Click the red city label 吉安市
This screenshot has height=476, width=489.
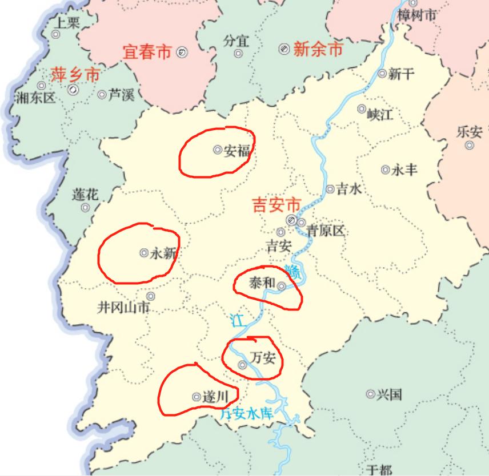click(276, 205)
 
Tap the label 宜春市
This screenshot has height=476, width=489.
click(147, 53)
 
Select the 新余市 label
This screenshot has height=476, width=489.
click(318, 50)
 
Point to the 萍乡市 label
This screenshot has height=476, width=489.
click(75, 74)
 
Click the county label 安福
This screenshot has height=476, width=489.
click(237, 151)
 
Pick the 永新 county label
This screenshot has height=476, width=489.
click(163, 254)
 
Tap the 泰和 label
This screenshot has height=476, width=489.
click(263, 283)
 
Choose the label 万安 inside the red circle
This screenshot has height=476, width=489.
click(263, 358)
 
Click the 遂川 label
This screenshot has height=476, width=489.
click(215, 397)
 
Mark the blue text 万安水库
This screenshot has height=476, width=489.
click(247, 414)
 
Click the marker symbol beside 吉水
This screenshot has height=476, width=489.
click(330, 189)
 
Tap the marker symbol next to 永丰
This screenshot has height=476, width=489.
click(385, 170)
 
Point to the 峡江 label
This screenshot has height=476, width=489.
click(380, 115)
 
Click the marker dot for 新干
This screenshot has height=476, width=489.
click(382, 73)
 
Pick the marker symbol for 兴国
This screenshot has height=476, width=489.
click(370, 394)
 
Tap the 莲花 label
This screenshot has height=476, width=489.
click(85, 195)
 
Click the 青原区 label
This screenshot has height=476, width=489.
click(326, 231)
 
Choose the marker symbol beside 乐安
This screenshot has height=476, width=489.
click(470, 145)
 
